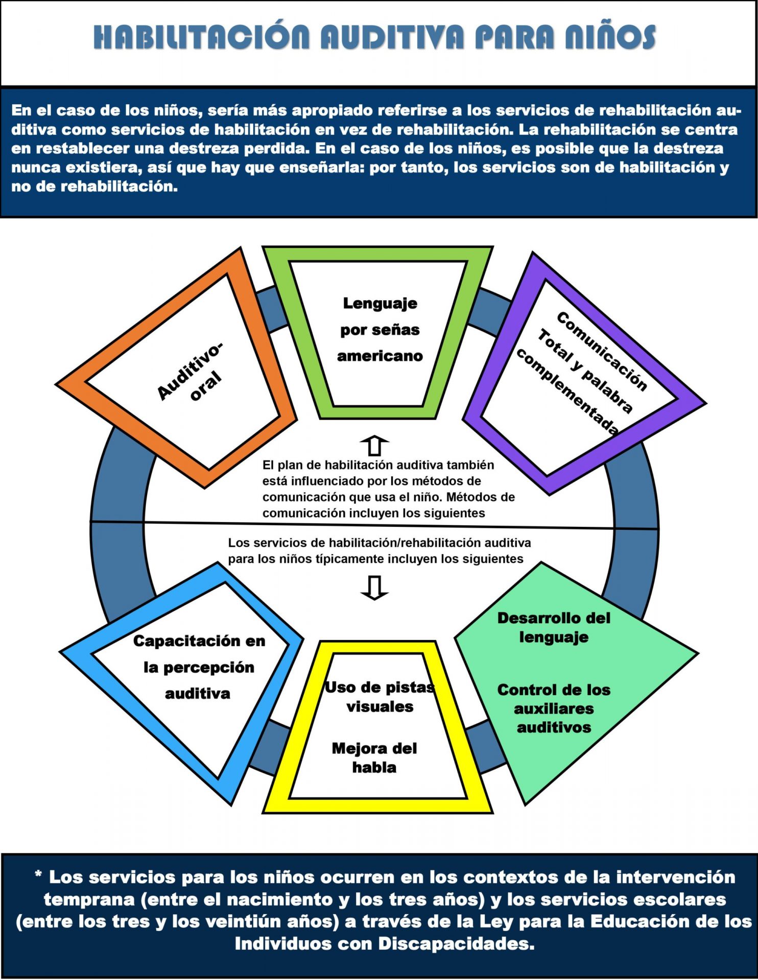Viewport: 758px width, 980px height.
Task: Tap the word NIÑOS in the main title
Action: tap(610, 37)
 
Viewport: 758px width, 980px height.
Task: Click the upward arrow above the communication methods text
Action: tap(374, 445)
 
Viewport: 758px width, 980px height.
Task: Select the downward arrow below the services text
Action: tap(374, 587)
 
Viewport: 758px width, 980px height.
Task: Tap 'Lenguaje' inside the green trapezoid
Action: tap(380, 303)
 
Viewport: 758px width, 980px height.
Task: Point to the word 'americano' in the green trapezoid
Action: tap(380, 356)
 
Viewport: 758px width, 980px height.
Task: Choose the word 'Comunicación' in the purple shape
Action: tap(602, 351)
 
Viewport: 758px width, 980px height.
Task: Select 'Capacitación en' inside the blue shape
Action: tap(199, 641)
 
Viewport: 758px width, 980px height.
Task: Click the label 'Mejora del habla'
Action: tap(374, 758)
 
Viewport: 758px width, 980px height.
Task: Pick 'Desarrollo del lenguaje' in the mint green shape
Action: tap(554, 627)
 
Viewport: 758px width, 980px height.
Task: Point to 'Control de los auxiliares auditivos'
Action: tap(554, 708)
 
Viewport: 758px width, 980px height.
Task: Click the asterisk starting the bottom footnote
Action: tap(38, 876)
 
